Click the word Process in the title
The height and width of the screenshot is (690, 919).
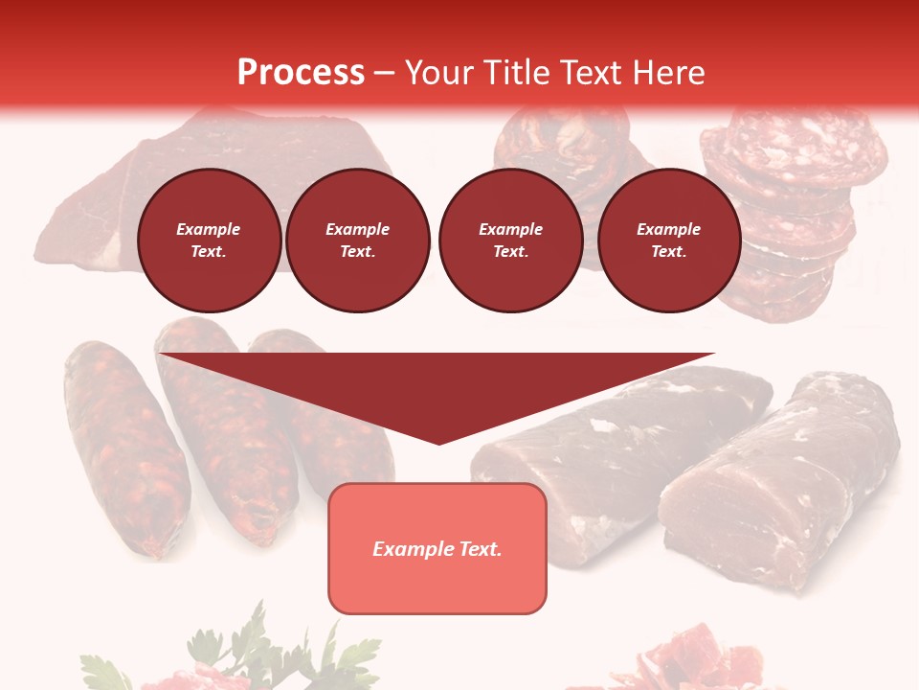coord(301,73)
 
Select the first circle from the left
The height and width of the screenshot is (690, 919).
coord(210,241)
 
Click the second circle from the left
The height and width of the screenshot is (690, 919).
coord(358,241)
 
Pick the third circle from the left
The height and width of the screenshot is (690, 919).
coord(510,241)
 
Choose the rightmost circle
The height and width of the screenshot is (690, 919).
coord(669,241)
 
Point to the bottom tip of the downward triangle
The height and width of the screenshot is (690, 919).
coord(438,443)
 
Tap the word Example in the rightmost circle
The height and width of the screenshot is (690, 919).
coord(668,229)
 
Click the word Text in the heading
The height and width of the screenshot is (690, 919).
coord(595,73)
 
